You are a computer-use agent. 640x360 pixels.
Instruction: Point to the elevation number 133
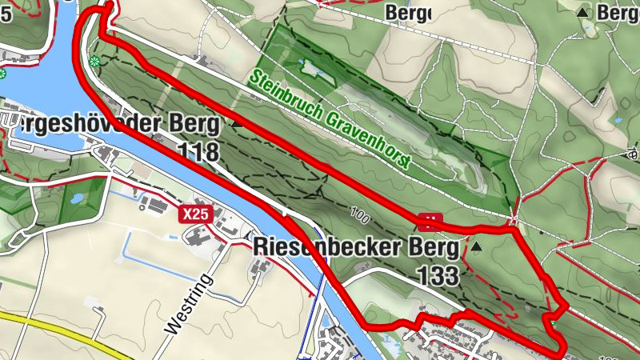pyautogui.click(x=438, y=277)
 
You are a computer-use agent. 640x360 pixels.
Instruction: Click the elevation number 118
pyautogui.click(x=198, y=151)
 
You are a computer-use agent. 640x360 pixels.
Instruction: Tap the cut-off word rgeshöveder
pyautogui.click(x=76, y=124)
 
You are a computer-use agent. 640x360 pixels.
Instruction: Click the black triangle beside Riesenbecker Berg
pyautogui.click(x=478, y=247)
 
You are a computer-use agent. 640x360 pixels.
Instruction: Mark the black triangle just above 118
pyautogui.click(x=235, y=124)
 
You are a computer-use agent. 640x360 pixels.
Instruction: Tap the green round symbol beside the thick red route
pyautogui.click(x=95, y=62)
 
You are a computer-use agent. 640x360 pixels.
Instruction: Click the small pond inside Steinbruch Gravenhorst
pyautogui.click(x=313, y=68)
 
